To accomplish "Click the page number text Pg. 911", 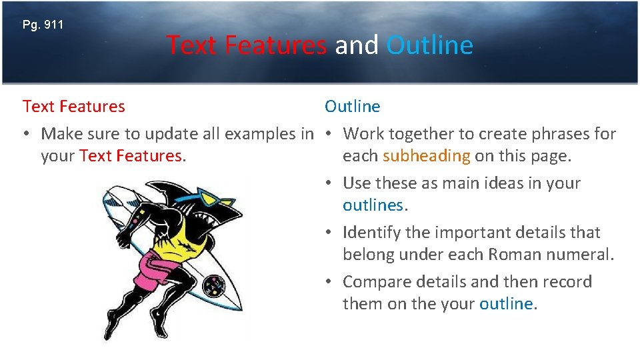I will pos(43,25).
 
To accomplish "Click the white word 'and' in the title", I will pos(356,45).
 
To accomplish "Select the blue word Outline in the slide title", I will pos(429,45).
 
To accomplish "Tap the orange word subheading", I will pos(427,156).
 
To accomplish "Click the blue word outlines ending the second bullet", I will pos(373,205).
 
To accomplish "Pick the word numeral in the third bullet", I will pos(584,255).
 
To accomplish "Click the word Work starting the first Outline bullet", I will pos(363,134).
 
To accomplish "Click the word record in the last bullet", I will pos(567,282).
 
